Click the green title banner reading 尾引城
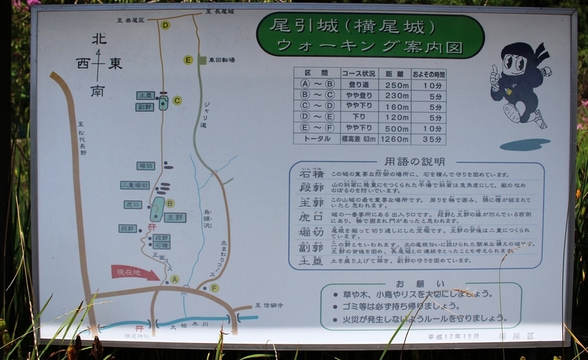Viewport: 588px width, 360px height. [370, 35]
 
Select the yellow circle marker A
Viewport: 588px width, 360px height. [174, 279]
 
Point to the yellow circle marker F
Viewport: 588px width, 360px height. [214, 288]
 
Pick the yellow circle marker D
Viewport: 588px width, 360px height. [165, 25]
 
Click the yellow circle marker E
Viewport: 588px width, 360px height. [188, 60]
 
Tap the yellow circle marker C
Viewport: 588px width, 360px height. [176, 101]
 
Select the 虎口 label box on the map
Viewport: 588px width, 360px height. [133, 204]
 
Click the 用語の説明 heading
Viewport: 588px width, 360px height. [416, 162]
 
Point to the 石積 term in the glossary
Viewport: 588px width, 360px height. [307, 176]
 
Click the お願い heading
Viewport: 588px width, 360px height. [409, 284]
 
